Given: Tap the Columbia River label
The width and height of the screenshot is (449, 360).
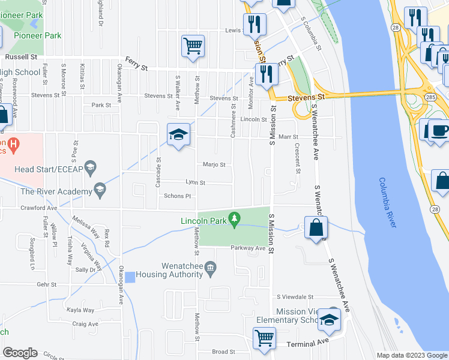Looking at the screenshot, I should point(388,202).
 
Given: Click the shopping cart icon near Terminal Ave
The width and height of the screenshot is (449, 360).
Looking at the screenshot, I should point(264,337).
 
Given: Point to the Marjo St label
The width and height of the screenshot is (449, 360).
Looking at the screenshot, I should point(214,164).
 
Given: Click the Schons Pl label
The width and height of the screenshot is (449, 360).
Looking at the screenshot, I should point(177,196).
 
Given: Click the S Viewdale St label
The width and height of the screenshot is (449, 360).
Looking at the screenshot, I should point(295,296).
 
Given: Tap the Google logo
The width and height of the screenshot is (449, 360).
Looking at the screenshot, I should point(20,353).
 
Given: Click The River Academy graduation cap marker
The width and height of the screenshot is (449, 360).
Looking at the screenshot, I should point(100,191).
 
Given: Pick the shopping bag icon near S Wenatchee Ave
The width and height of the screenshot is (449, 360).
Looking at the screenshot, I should point(316,229).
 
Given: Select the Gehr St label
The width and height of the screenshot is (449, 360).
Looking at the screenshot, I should point(46,284).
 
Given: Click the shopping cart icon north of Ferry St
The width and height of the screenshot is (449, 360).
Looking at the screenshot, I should point(193,45).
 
